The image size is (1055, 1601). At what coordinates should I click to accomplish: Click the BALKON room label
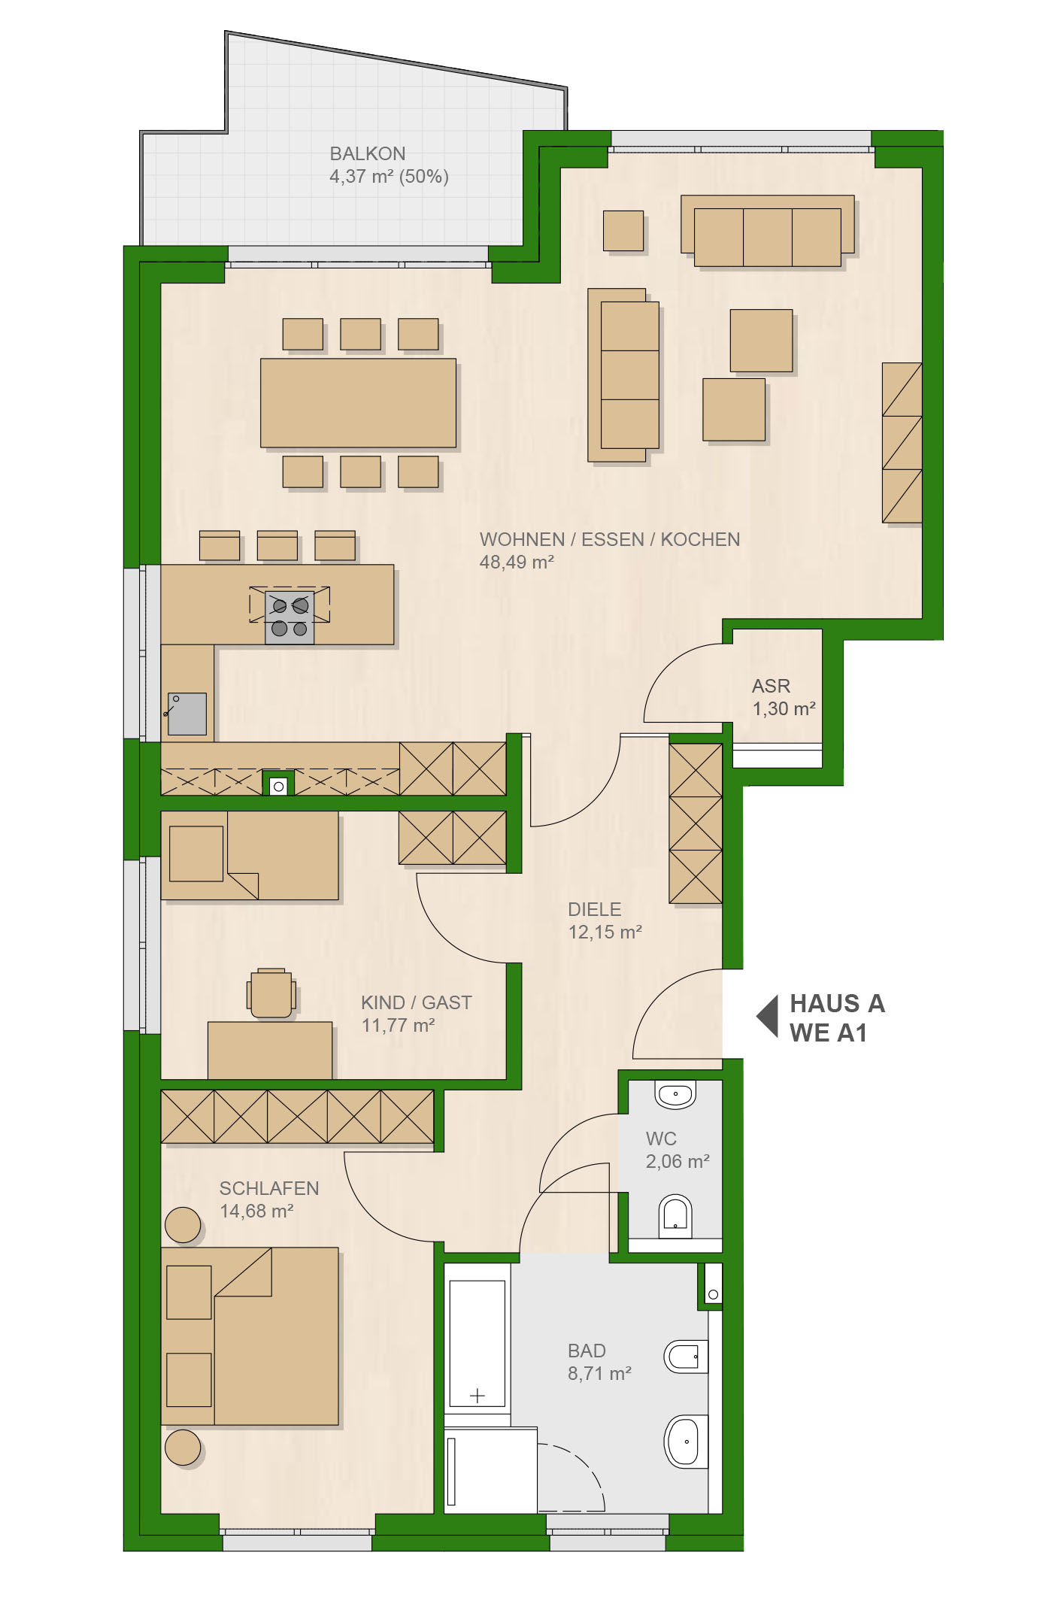pyautogui.click(x=368, y=154)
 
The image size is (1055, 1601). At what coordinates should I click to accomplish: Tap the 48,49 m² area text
pyautogui.click(x=517, y=562)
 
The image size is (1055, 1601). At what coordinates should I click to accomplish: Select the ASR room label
pyautogui.click(x=772, y=687)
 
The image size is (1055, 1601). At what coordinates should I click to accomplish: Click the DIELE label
pyautogui.click(x=595, y=910)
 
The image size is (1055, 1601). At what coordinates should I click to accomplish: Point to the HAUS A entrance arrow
pyautogui.click(x=768, y=1017)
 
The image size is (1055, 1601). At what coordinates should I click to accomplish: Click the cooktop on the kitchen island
pyautogui.click(x=290, y=617)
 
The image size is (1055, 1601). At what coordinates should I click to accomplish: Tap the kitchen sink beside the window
pyautogui.click(x=186, y=714)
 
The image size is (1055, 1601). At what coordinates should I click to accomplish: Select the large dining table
pyautogui.click(x=358, y=403)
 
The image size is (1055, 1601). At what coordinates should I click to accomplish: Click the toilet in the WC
pyautogui.click(x=675, y=1216)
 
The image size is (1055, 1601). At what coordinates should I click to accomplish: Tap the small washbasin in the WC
pyautogui.click(x=675, y=1095)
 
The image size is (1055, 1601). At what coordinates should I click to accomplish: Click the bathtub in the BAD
pyautogui.click(x=477, y=1342)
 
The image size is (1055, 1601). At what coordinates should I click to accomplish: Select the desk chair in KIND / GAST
pyautogui.click(x=271, y=993)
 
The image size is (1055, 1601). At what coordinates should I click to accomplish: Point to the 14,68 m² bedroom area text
pyautogui.click(x=256, y=1211)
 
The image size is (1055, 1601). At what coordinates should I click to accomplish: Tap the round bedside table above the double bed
pyautogui.click(x=183, y=1225)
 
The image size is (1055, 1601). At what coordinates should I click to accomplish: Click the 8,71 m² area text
pyautogui.click(x=599, y=1374)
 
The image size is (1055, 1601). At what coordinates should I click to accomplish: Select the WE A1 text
pyautogui.click(x=828, y=1033)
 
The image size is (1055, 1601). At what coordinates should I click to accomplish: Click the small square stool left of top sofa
pyautogui.click(x=623, y=230)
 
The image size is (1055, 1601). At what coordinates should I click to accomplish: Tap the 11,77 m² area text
pyautogui.click(x=399, y=1026)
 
